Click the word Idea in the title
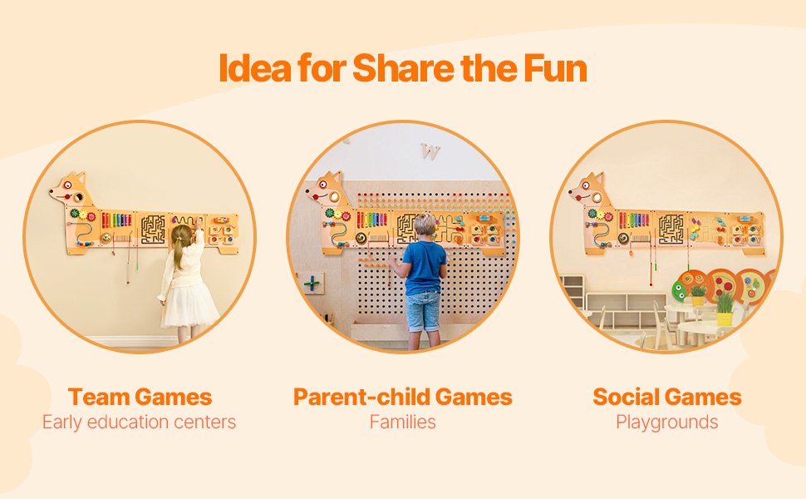pos(255,68)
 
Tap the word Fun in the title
pos(555,68)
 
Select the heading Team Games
pos(140,398)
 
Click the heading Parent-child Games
pos(402,398)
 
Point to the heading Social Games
pos(666,398)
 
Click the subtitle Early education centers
pos(140,422)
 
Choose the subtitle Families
pos(402,422)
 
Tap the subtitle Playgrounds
pos(666,422)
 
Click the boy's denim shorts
pos(423,312)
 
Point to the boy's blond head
pos(425,225)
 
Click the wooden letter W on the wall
pos(430,151)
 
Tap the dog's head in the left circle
pos(71,190)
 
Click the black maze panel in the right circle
pos(671,229)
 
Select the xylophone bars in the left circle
pos(116,220)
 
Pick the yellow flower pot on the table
pos(725,319)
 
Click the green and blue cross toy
pos(312,283)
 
